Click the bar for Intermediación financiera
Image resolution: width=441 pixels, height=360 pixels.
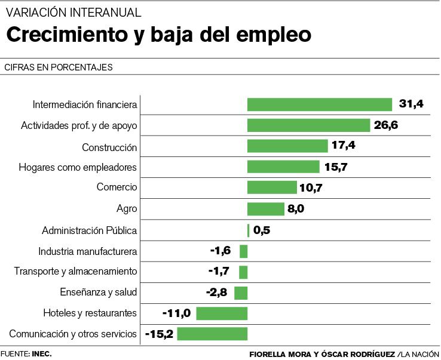tap(320, 104)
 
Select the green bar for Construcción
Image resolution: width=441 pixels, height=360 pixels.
tap(287, 146)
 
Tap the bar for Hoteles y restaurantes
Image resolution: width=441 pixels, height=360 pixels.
tap(222, 313)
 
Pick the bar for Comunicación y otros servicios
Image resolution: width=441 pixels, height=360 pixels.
tap(212, 334)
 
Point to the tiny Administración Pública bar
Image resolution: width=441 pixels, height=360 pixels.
tap(248, 230)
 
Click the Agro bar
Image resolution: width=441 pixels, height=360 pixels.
tap(266, 209)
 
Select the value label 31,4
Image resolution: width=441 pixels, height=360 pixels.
tap(411, 104)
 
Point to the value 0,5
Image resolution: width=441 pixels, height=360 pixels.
tap(262, 230)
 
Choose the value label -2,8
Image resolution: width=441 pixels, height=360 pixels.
tap(218, 293)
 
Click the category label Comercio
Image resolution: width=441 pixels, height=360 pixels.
tap(117, 187)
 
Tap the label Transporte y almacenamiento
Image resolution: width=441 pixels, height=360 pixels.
tap(76, 272)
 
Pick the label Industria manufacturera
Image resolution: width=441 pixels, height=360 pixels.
tap(88, 251)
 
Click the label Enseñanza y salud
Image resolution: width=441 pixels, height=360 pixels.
tap(99, 293)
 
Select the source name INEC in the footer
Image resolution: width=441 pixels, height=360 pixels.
tap(42, 353)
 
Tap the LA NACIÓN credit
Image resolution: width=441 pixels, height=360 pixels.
tap(421, 354)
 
